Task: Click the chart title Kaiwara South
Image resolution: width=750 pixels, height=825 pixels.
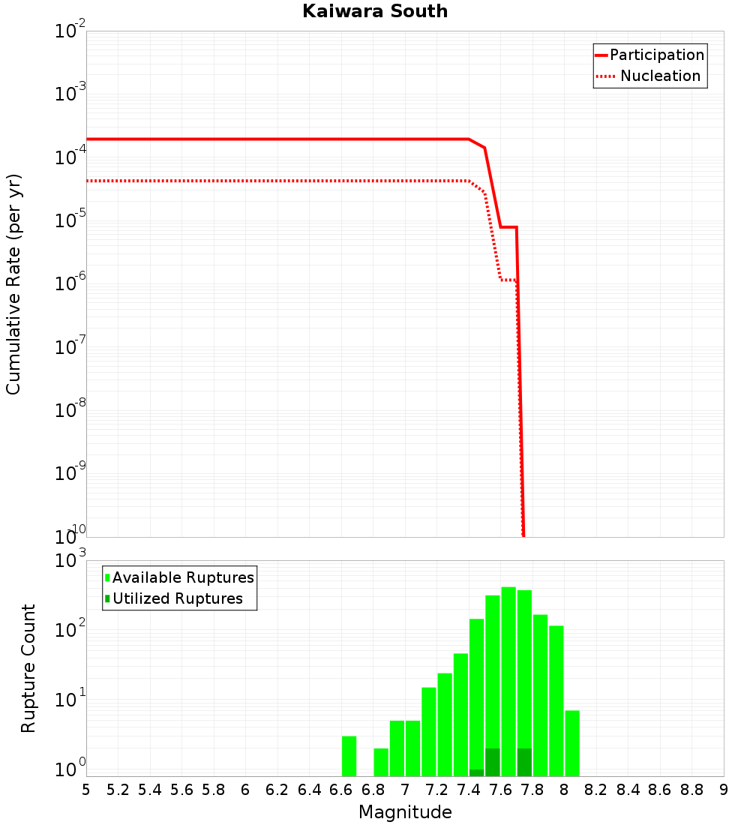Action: pyautogui.click(x=375, y=11)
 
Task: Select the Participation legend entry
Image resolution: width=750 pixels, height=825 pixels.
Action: pyautogui.click(x=656, y=55)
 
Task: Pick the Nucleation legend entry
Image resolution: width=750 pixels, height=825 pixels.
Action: pyautogui.click(x=659, y=76)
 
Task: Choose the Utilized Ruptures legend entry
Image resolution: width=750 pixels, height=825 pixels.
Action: pyautogui.click(x=177, y=598)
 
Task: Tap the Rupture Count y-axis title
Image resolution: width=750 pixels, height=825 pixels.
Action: pyautogui.click(x=28, y=668)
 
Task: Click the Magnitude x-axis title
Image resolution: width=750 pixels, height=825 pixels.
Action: pyautogui.click(x=405, y=812)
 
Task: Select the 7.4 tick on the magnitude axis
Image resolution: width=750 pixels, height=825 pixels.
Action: pyautogui.click(x=469, y=790)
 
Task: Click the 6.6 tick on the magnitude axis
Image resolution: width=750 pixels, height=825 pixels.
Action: pyautogui.click(x=341, y=790)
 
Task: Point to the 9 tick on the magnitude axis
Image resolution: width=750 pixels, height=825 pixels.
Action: pyautogui.click(x=724, y=790)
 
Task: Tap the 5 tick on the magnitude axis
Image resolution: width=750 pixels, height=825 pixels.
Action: pyautogui.click(x=86, y=790)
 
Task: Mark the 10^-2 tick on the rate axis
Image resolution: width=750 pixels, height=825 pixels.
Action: pyautogui.click(x=70, y=31)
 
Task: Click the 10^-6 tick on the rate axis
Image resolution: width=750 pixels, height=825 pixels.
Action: pyautogui.click(x=70, y=284)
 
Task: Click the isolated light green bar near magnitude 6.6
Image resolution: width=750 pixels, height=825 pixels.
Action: pyautogui.click(x=349, y=756)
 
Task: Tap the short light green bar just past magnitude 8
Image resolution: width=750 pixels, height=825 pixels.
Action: pyautogui.click(x=572, y=742)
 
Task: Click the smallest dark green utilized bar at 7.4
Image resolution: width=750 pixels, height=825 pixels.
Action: pyautogui.click(x=476, y=772)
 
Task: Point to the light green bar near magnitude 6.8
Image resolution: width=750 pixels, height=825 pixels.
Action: pyautogui.click(x=381, y=762)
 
